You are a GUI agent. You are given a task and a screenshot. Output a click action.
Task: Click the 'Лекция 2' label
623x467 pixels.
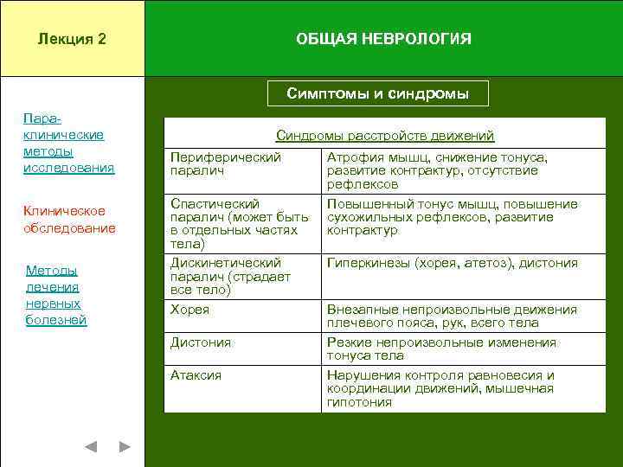point(72,39)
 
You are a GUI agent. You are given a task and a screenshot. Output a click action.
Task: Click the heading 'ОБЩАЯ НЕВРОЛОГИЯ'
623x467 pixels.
point(383,39)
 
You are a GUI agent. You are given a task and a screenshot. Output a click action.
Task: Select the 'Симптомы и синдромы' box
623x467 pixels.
point(377,93)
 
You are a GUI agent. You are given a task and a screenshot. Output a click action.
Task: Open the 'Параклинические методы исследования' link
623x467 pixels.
point(68,142)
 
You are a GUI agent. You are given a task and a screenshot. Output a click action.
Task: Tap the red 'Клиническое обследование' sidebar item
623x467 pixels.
point(68,220)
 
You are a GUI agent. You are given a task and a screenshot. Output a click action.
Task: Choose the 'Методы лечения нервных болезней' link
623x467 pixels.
point(56,295)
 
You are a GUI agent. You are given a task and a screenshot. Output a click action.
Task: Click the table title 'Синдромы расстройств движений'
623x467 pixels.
point(384,136)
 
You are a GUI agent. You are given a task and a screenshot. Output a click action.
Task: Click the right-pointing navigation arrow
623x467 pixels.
point(125,447)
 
